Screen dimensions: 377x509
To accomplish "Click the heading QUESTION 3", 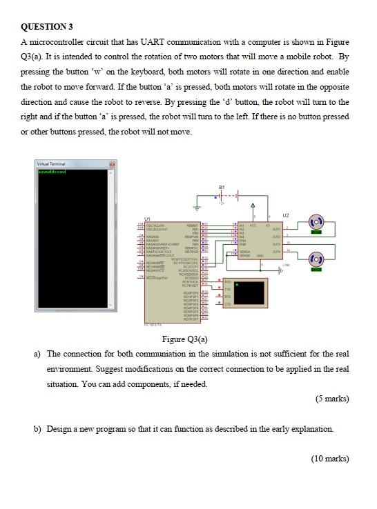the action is (x=46, y=27).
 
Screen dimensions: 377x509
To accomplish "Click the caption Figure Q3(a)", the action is (x=184, y=339).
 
